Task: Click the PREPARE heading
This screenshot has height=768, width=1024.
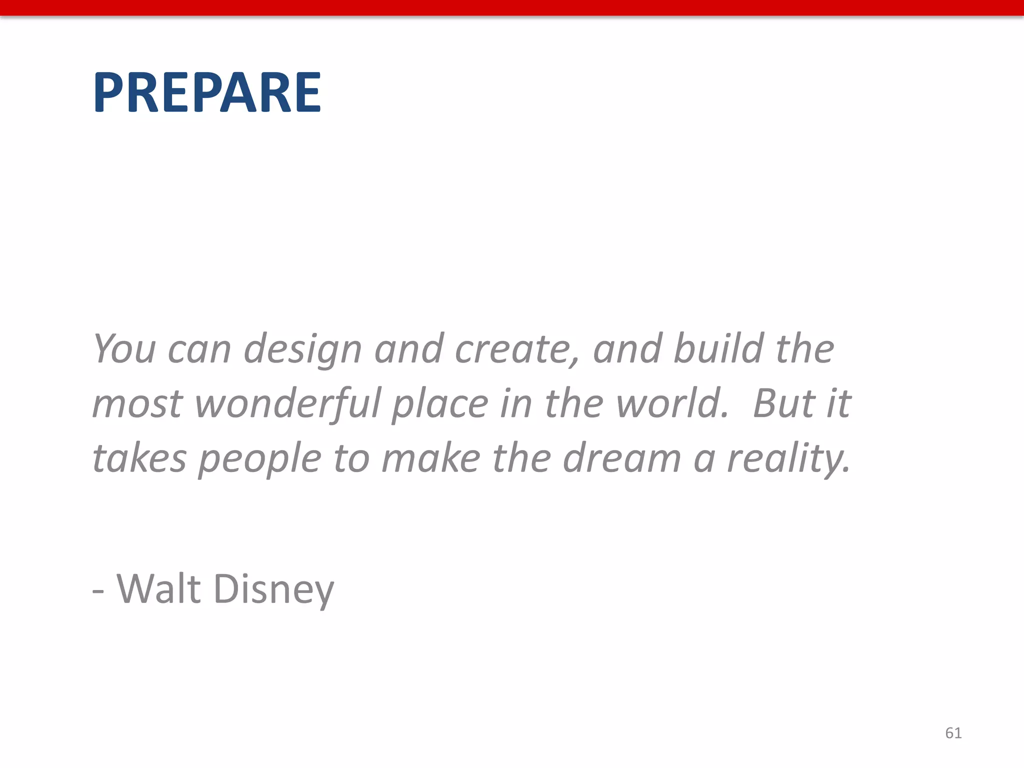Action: [206, 92]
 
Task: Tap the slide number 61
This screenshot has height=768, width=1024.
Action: [953, 733]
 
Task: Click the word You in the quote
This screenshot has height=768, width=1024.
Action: [124, 348]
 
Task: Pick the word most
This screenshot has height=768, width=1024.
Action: [137, 404]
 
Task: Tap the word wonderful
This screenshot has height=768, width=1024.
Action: [288, 404]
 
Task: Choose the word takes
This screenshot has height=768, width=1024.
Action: [139, 458]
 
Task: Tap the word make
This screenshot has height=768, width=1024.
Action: [430, 458]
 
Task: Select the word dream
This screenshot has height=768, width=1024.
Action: [621, 458]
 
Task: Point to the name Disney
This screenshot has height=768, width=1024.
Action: [273, 590]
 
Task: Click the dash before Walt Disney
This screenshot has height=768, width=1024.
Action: [98, 591]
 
